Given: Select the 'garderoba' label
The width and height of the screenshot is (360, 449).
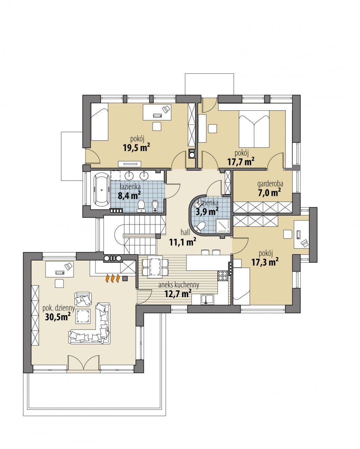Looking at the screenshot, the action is point(270,184).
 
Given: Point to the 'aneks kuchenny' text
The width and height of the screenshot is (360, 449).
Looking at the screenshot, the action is point(179,285).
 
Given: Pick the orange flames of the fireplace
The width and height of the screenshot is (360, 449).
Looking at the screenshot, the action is point(113,278).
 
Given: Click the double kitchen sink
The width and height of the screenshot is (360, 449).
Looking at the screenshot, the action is point(207,299).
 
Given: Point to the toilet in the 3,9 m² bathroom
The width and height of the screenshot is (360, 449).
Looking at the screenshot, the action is point(200,227).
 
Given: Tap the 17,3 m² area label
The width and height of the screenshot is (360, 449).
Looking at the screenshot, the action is point(265,262).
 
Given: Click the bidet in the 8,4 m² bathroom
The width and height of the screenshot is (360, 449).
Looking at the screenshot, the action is point(155,206).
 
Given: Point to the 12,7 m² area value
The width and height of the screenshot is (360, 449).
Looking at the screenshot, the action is point(178,294).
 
